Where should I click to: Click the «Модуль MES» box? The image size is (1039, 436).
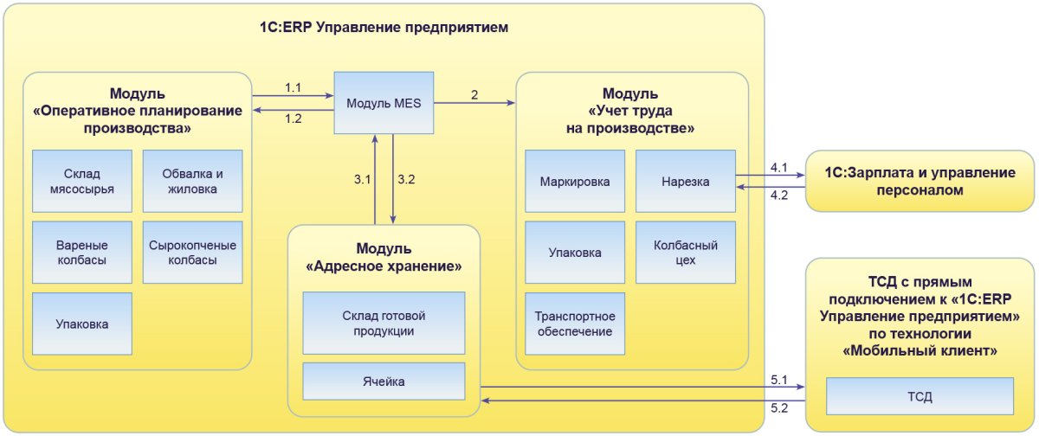[384, 103]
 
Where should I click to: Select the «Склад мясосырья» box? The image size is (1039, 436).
[82, 181]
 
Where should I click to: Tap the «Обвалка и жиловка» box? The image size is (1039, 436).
[192, 181]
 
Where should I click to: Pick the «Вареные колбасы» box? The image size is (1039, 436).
[82, 252]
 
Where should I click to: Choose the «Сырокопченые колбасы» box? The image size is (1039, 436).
[192, 252]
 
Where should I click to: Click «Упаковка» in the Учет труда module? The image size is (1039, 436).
[575, 253]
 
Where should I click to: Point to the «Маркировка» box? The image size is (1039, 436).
[575, 182]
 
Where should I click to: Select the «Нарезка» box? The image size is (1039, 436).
[685, 182]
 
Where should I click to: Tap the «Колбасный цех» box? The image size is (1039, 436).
[685, 253]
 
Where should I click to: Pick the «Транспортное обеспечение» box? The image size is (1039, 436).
[575, 324]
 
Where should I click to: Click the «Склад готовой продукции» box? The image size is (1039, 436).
[384, 323]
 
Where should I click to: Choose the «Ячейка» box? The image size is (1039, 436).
[384, 381]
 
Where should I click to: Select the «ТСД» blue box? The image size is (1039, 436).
[920, 396]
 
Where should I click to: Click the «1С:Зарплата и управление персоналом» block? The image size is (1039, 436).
[920, 181]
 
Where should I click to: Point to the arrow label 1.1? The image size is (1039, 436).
[294, 87]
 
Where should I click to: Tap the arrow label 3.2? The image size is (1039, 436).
[406, 180]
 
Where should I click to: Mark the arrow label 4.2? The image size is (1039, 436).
[778, 196]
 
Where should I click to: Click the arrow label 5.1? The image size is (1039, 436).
[778, 379]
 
